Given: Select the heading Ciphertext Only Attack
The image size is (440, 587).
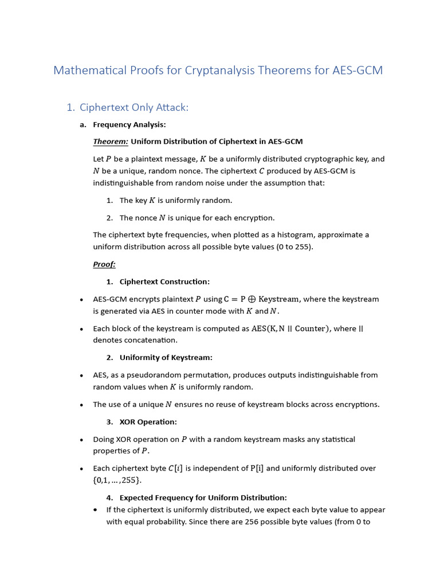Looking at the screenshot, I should coord(134,107).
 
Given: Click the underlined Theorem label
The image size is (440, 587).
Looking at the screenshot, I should coord(111,142).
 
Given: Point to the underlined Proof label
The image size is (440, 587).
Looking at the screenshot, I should coord(104,264).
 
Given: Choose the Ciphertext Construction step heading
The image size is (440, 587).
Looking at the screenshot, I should coord(164,281).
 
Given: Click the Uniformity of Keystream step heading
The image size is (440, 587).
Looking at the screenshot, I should coord(166,357).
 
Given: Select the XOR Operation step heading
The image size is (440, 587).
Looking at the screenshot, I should coord(148,422).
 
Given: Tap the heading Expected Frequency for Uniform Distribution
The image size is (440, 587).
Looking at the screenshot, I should coord(203,498).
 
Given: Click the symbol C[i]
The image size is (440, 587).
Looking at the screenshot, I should coord(175,468).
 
